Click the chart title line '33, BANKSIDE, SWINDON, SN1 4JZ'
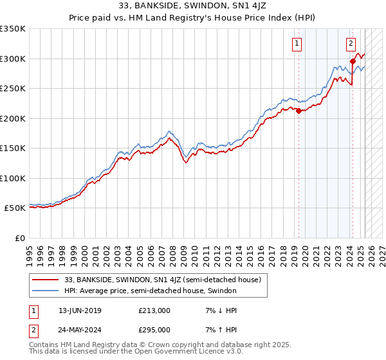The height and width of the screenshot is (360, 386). click(x=192, y=6)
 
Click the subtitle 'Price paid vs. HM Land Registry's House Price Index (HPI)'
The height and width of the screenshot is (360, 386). click(x=192, y=17)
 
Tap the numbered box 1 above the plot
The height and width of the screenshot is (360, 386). click(x=297, y=44)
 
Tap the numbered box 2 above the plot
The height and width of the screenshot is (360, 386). click(x=351, y=44)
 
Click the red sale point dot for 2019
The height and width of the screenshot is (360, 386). click(x=299, y=111)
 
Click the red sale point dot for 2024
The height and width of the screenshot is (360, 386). click(x=353, y=62)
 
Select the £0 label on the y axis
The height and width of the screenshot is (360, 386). click(x=19, y=238)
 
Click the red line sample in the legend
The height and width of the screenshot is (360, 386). click(x=46, y=280)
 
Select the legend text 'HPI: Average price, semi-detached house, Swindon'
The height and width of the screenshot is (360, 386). click(x=151, y=291)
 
